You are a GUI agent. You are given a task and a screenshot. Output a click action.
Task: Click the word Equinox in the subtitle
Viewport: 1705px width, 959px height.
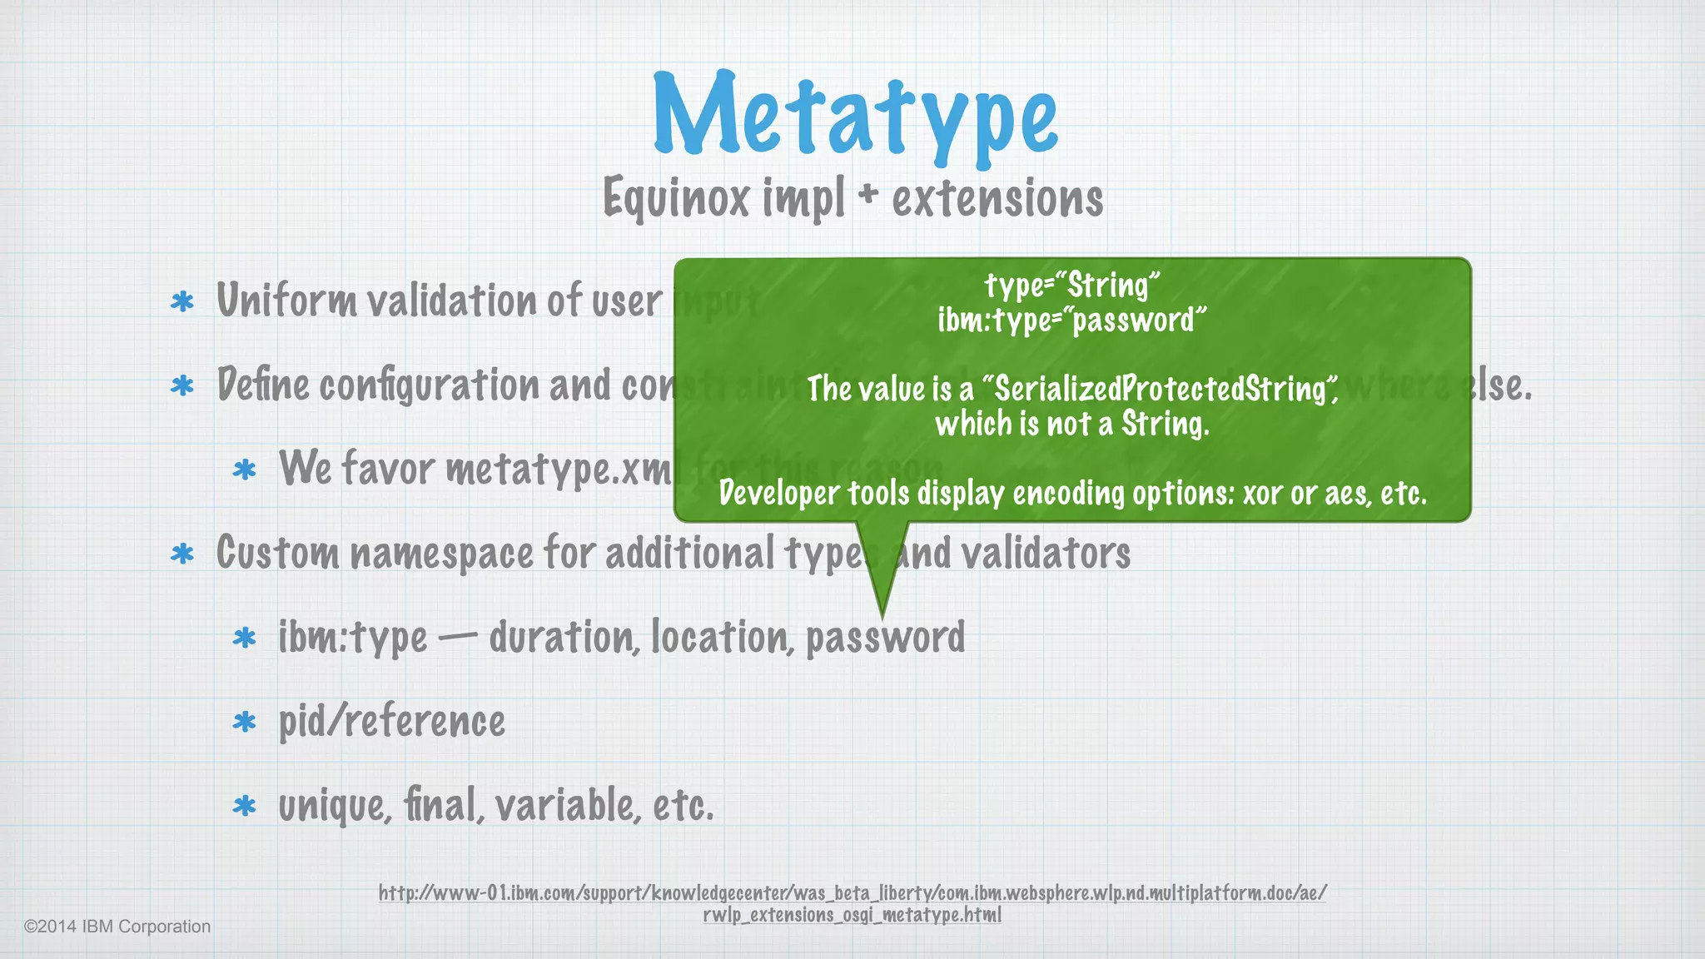pyautogui.click(x=676, y=198)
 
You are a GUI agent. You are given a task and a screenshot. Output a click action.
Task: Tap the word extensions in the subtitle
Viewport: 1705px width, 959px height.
pyautogui.click(x=997, y=198)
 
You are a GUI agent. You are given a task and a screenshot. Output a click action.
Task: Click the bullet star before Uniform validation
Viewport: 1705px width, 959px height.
pyautogui.click(x=181, y=301)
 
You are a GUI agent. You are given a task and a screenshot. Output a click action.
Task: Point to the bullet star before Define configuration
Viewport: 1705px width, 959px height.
pyautogui.click(x=181, y=385)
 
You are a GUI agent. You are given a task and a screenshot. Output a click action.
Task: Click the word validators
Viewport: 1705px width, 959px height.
pyautogui.click(x=1046, y=554)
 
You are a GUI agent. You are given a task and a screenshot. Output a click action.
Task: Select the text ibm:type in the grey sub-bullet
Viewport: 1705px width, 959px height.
pyautogui.click(x=353, y=638)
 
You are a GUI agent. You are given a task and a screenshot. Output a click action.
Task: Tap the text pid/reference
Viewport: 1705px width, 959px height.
pyautogui.click(x=391, y=722)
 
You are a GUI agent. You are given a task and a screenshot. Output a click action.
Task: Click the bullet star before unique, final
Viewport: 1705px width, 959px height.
pyautogui.click(x=244, y=806)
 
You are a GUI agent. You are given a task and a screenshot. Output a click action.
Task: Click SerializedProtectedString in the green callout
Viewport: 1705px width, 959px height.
pyautogui.click(x=1161, y=389)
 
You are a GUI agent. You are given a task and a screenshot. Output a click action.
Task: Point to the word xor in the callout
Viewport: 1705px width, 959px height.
pyautogui.click(x=1262, y=494)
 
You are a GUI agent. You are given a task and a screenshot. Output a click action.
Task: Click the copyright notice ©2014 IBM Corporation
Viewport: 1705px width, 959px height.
pyautogui.click(x=117, y=927)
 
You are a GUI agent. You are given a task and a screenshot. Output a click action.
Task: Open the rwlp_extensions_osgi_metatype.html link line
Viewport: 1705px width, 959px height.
pyautogui.click(x=852, y=915)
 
